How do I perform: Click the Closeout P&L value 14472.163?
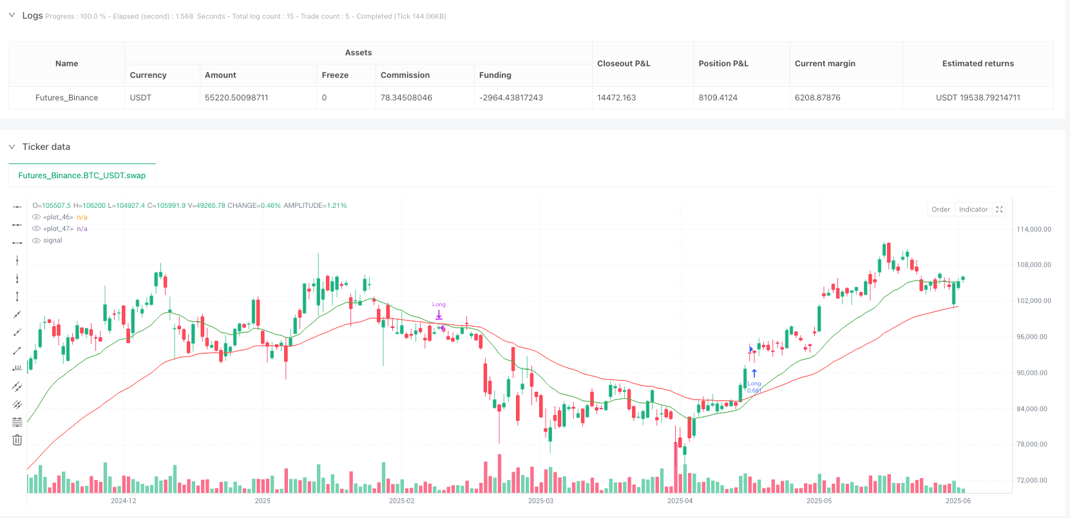pos(616,98)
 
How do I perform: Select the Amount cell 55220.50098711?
pos(236,98)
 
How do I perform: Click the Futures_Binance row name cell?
pos(66,98)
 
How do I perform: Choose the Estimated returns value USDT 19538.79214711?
pos(978,98)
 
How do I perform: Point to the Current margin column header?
pos(825,64)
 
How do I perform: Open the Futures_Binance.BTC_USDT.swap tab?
pos(82,175)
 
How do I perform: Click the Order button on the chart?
pos(941,209)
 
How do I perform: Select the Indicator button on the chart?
pos(973,209)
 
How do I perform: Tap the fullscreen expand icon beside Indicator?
pos(999,209)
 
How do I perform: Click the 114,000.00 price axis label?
pos(1033,229)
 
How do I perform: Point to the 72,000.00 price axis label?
pos(1033,480)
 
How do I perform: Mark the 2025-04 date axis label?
pos(680,501)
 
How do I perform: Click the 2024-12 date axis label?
pos(123,501)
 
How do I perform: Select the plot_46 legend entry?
pos(58,217)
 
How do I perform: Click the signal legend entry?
pos(52,241)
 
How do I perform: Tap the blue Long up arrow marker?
pos(754,373)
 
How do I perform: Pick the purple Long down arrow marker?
pos(439,315)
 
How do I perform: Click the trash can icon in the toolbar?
pos(17,440)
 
